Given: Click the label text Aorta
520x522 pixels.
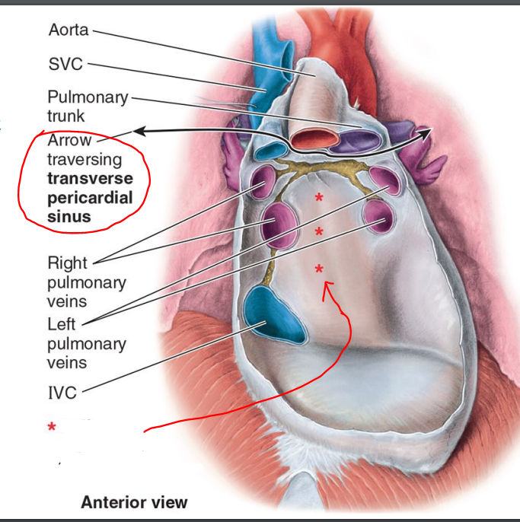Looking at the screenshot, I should point(69,30).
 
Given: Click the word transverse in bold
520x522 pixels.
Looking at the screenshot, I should point(90,179).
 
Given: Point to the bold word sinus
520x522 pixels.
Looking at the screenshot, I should point(69,217).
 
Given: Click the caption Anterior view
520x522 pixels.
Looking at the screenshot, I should point(134,502).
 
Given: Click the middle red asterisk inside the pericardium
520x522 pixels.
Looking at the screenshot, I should point(318,231).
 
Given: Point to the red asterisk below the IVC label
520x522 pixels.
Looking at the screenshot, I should point(51,428).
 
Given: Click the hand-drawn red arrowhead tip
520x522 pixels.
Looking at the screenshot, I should point(327,283).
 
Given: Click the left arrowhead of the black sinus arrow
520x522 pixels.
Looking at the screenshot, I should point(138,131).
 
